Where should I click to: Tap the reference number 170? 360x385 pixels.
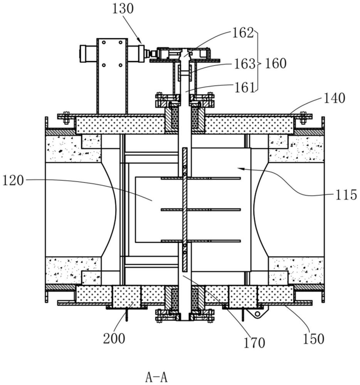255,341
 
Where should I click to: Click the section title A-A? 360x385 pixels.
156,377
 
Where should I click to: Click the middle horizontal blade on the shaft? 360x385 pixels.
200,209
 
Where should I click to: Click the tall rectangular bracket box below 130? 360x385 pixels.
112,76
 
